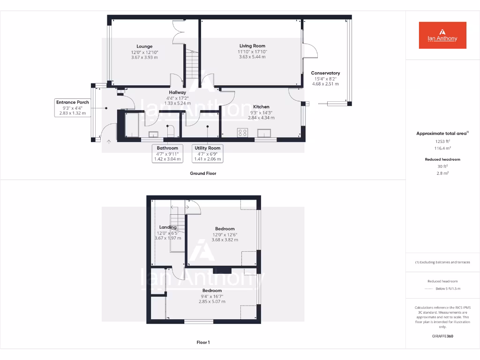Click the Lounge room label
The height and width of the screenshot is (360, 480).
click(x=144, y=46)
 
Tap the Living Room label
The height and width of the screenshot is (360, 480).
click(x=252, y=46)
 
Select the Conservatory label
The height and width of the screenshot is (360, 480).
click(x=325, y=73)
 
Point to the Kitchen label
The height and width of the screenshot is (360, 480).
click(x=261, y=107)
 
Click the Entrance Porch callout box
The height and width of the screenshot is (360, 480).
click(x=73, y=108)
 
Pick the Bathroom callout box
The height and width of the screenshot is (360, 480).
click(x=167, y=153)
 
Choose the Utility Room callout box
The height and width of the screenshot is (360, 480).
click(x=207, y=153)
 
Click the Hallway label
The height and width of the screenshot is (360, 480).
click(x=178, y=92)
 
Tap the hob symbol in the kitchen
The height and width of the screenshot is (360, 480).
click(x=243, y=133)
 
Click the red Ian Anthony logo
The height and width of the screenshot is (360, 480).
click(x=442, y=35)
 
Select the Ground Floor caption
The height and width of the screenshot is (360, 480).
click(x=203, y=173)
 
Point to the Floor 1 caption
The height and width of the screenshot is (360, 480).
click(x=203, y=343)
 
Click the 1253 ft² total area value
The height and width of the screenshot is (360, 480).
click(x=442, y=141)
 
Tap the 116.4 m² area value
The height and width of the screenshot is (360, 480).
click(x=442, y=148)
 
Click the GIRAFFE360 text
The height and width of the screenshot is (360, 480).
click(x=442, y=336)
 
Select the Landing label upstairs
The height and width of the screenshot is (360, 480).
click(x=168, y=227)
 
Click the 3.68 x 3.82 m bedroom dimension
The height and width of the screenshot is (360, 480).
click(x=225, y=240)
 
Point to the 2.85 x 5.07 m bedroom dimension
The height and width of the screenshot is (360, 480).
click(x=212, y=301)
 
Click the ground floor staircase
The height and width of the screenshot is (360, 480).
click(x=191, y=66)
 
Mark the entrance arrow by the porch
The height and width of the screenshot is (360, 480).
click(x=108, y=141)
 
